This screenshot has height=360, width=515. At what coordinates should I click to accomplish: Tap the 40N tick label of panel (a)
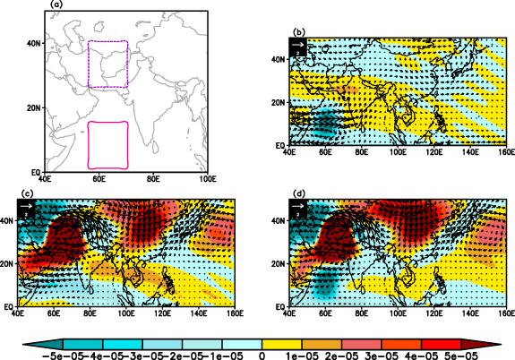[x=30, y=43]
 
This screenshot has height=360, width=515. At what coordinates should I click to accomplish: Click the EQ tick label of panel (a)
[x=31, y=172]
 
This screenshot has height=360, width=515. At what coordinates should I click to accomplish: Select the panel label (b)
[x=299, y=32]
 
